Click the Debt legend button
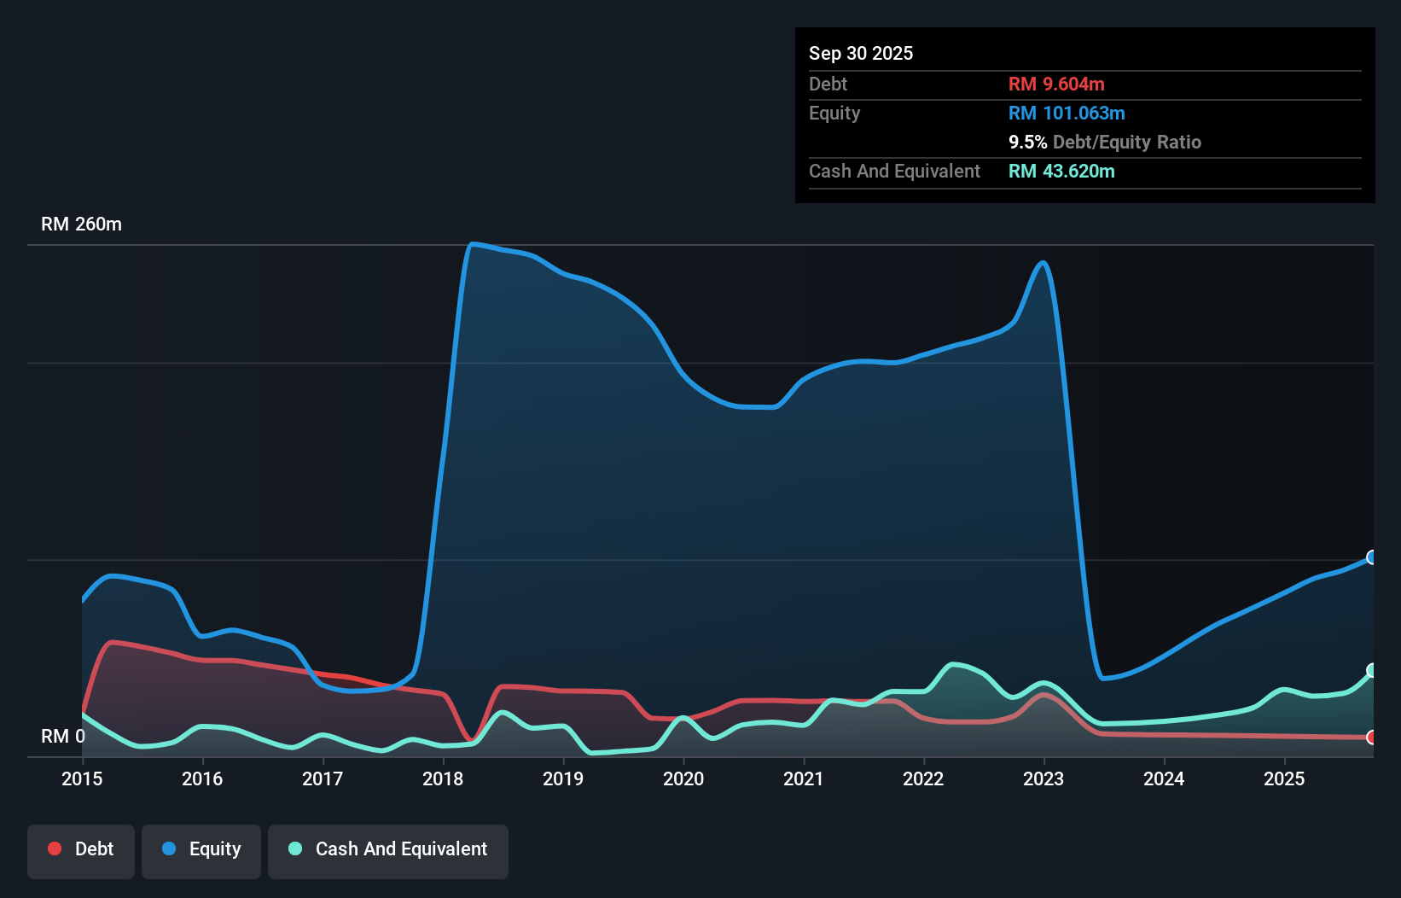[81, 849]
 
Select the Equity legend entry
[201, 849]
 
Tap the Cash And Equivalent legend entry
[388, 849]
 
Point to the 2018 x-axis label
[443, 778]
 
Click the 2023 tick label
[1043, 778]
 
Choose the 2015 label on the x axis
[82, 778]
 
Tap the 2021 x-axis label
[804, 778]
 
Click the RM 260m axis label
[82, 224]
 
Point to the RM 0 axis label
[63, 736]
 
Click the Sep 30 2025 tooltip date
[861, 54]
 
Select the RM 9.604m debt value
[1056, 85]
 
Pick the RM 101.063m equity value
[1067, 114]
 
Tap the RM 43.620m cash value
[1061, 172]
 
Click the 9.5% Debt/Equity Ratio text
[1105, 143]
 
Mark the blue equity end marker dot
[1372, 557]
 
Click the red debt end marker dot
[1372, 738]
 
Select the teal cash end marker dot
[1372, 671]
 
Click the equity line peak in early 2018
[473, 245]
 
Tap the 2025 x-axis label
[1284, 778]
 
